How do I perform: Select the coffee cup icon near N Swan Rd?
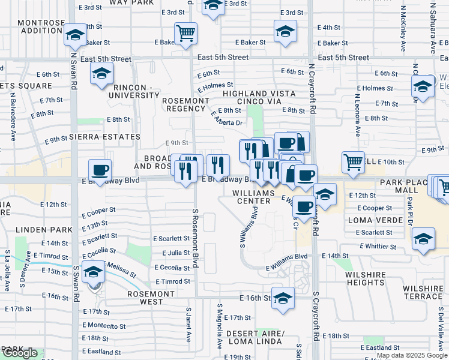pos(100,170)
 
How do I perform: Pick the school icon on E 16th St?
pos(283,298)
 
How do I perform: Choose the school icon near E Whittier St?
pos(423,239)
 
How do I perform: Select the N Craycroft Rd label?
pos(312,90)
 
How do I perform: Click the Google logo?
pos(20,353)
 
